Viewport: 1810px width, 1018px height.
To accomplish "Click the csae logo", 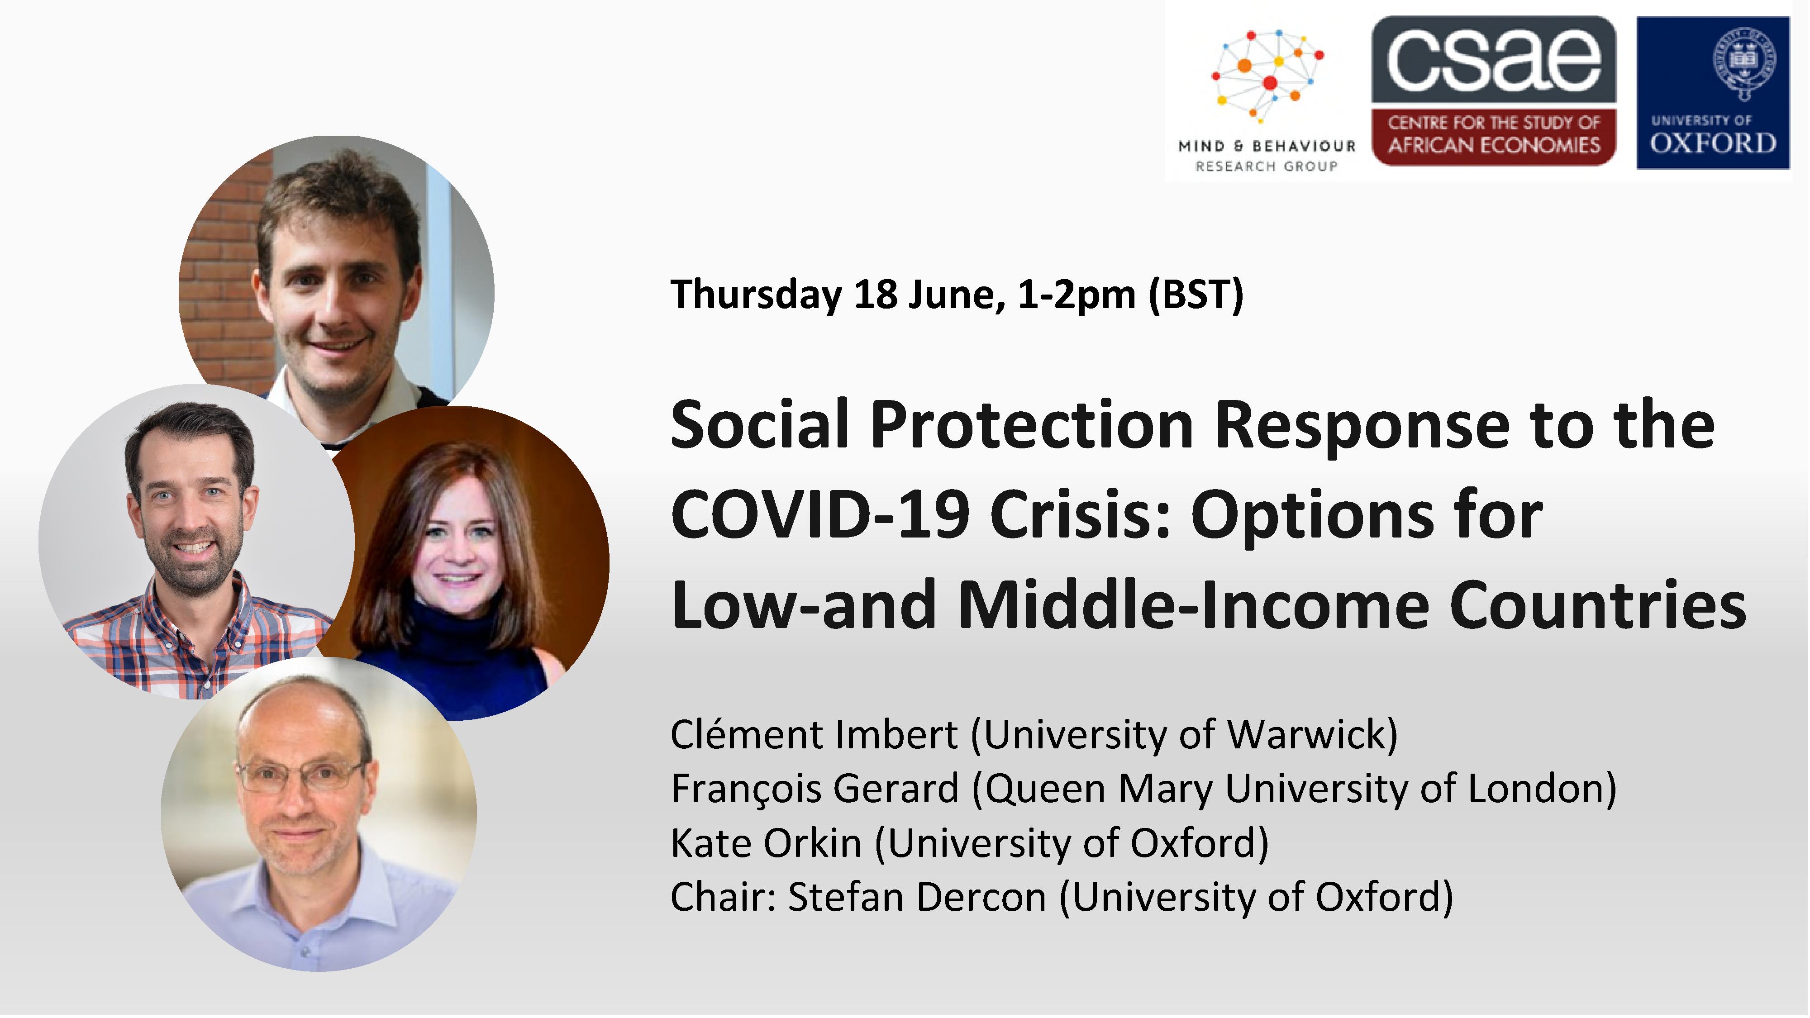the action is coord(1494,91).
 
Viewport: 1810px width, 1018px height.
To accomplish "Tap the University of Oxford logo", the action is coord(1713,93).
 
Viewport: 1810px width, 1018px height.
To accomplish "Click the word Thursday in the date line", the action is coord(757,295).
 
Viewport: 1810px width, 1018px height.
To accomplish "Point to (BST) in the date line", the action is coord(1196,295).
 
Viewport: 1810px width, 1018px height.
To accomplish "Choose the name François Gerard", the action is coord(815,788).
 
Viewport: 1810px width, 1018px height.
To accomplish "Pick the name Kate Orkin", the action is coord(766,842).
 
